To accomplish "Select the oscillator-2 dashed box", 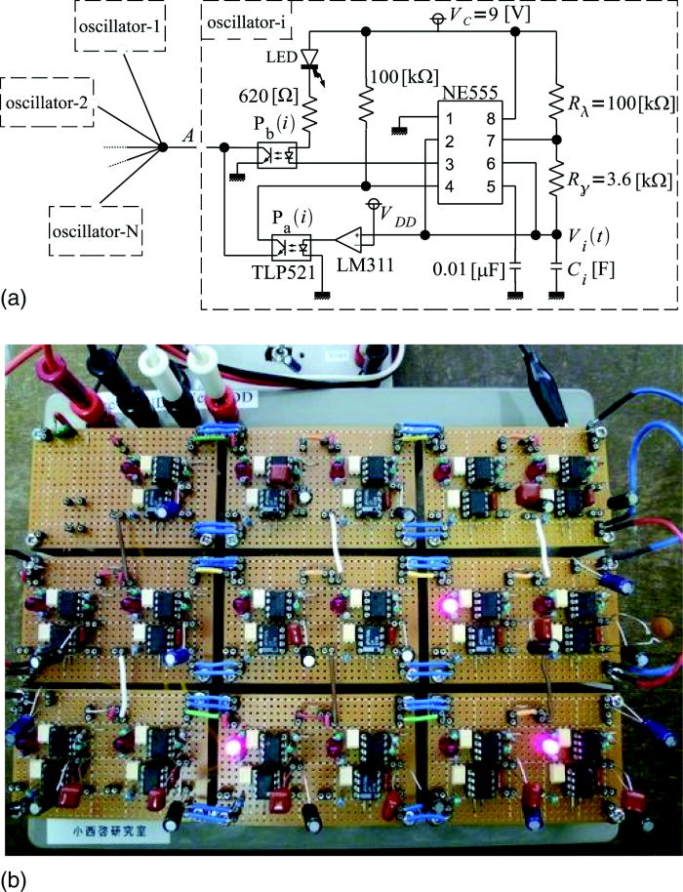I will tap(45, 102).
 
